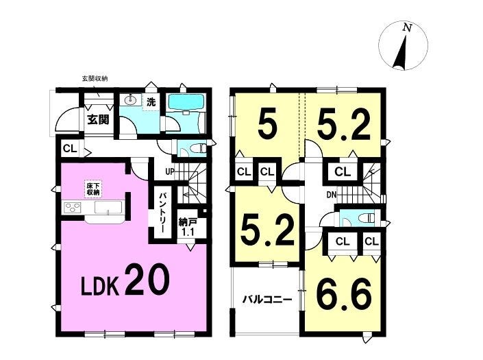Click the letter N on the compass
pos(408,27)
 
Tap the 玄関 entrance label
pos(98,119)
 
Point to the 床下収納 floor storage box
pos(92,189)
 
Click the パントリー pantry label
pos(162,213)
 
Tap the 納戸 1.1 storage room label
pos(187,228)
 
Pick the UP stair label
pos(170,171)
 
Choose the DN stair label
pos(331,195)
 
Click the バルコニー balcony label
pos(267,299)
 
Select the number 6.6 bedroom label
pos(344,294)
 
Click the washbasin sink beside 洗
pos(131,100)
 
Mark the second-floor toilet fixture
pos(367,217)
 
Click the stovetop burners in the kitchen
pos(73,207)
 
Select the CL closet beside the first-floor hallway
pos(70,149)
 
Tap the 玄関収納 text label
pos(95,79)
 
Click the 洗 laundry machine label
pos(151,102)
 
